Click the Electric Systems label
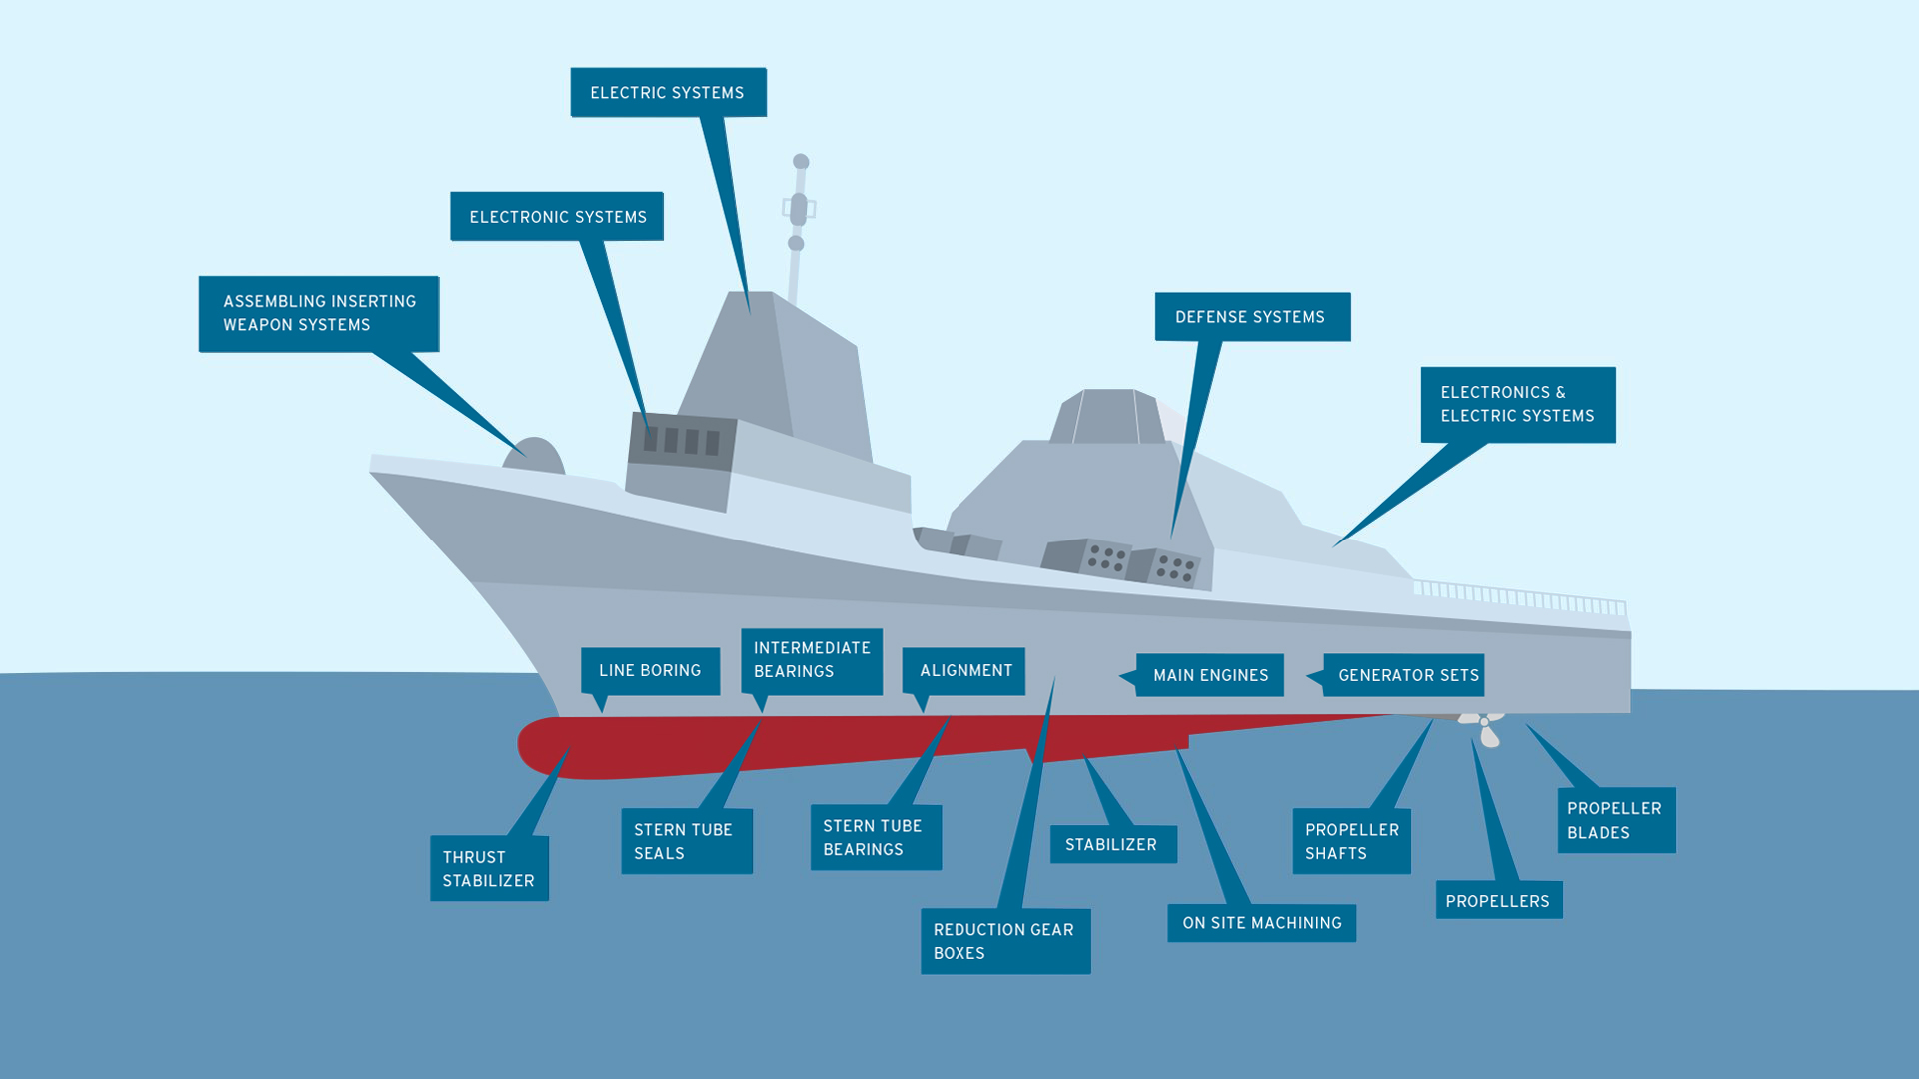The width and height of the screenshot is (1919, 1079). pyautogui.click(x=668, y=92)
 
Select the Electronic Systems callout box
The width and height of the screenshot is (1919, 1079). pyautogui.click(x=557, y=216)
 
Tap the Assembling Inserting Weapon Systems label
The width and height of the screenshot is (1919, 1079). pyautogui.click(x=319, y=313)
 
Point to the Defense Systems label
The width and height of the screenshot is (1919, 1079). pyautogui.click(x=1251, y=316)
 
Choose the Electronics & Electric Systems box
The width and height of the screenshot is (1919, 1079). pyautogui.click(x=1517, y=404)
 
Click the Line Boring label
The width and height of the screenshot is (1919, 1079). pyautogui.click(x=650, y=670)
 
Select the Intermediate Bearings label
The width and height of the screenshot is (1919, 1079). pyautogui.click(x=811, y=659)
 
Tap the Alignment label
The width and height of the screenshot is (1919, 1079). pyautogui.click(x=964, y=670)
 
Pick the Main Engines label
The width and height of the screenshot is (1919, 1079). pyautogui.click(x=1210, y=675)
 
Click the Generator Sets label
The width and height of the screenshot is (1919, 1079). pyautogui.click(x=1407, y=675)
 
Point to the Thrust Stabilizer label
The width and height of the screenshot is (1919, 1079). pyautogui.click(x=489, y=868)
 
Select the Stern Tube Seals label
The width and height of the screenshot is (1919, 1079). pyautogui.click(x=686, y=841)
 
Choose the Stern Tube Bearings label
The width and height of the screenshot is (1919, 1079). pyautogui.click(x=875, y=837)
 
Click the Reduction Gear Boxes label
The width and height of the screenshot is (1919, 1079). pyautogui.click(x=1004, y=941)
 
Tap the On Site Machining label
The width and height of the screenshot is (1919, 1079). pyautogui.click(x=1261, y=922)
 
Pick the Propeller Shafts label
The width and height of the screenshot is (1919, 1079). pyautogui.click(x=1351, y=841)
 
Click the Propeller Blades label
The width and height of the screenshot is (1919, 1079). pyautogui.click(x=1615, y=820)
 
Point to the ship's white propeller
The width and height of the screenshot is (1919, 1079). pyautogui.click(x=1485, y=726)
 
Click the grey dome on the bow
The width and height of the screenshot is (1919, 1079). pyautogui.click(x=535, y=457)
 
